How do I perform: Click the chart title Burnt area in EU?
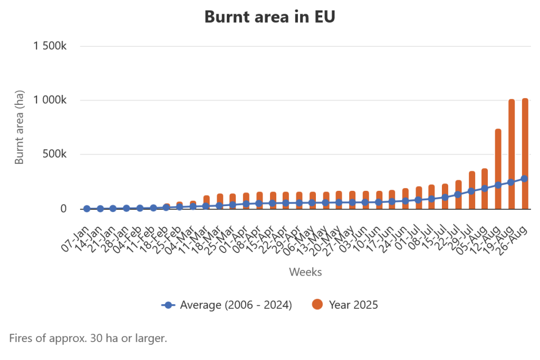(x=269, y=17)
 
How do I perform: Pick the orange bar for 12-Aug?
(x=498, y=158)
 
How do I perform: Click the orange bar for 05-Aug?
(x=485, y=179)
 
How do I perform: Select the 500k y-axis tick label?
(x=55, y=154)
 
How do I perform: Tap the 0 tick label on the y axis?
(x=63, y=209)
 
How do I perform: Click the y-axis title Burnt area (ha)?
(x=20, y=127)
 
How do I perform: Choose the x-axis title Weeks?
(x=305, y=272)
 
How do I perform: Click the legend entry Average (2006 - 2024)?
(x=227, y=305)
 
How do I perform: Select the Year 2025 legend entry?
(x=345, y=305)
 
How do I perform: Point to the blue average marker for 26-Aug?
(x=525, y=179)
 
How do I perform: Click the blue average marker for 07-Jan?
(x=86, y=209)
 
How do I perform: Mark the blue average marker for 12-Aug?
(x=498, y=186)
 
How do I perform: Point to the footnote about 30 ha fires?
(x=88, y=338)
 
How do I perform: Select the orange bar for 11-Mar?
(x=207, y=201)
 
